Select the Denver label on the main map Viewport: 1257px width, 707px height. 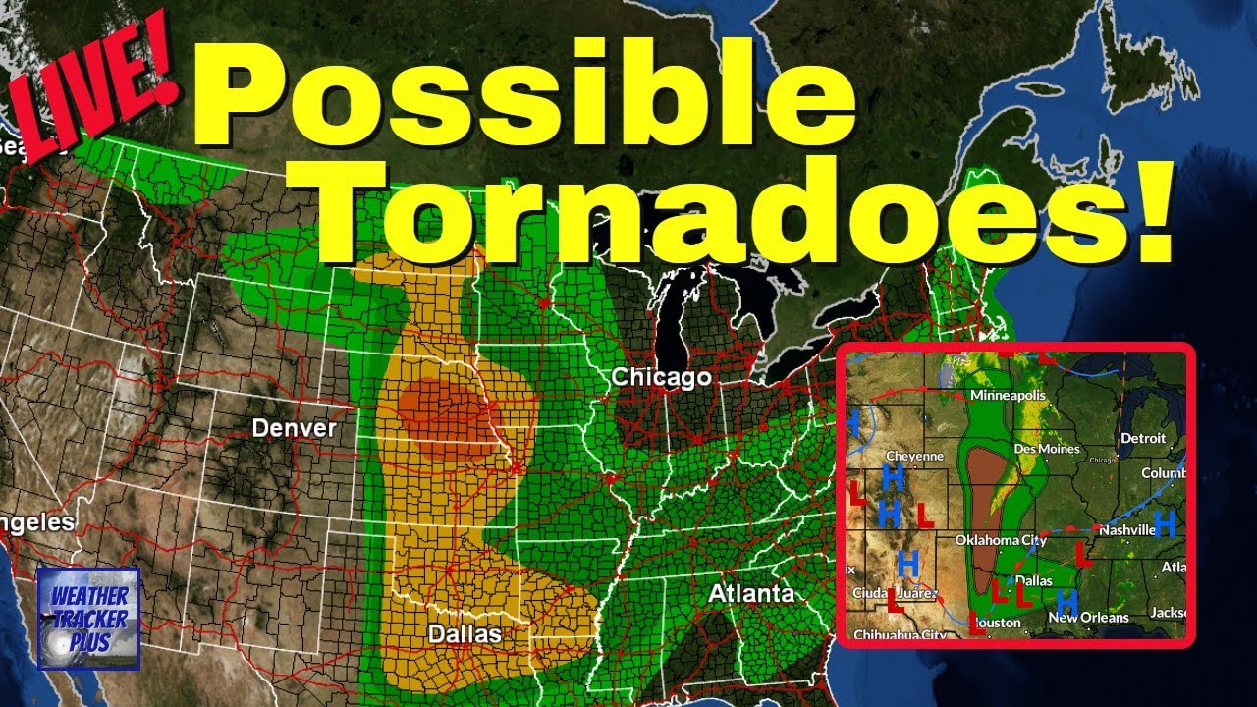click(x=294, y=428)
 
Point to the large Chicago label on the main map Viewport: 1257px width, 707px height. click(x=661, y=377)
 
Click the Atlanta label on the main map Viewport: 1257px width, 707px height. click(x=751, y=594)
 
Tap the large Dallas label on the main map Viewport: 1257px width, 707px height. click(x=464, y=634)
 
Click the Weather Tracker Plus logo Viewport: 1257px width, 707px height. click(x=89, y=619)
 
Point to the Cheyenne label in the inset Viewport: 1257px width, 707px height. click(x=914, y=457)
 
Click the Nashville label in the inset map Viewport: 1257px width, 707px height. click(x=1125, y=529)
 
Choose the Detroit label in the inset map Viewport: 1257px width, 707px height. click(x=1142, y=438)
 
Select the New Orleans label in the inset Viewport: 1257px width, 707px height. click(x=1088, y=617)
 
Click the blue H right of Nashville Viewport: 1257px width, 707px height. click(x=1165, y=523)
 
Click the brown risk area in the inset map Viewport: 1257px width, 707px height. click(x=983, y=511)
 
